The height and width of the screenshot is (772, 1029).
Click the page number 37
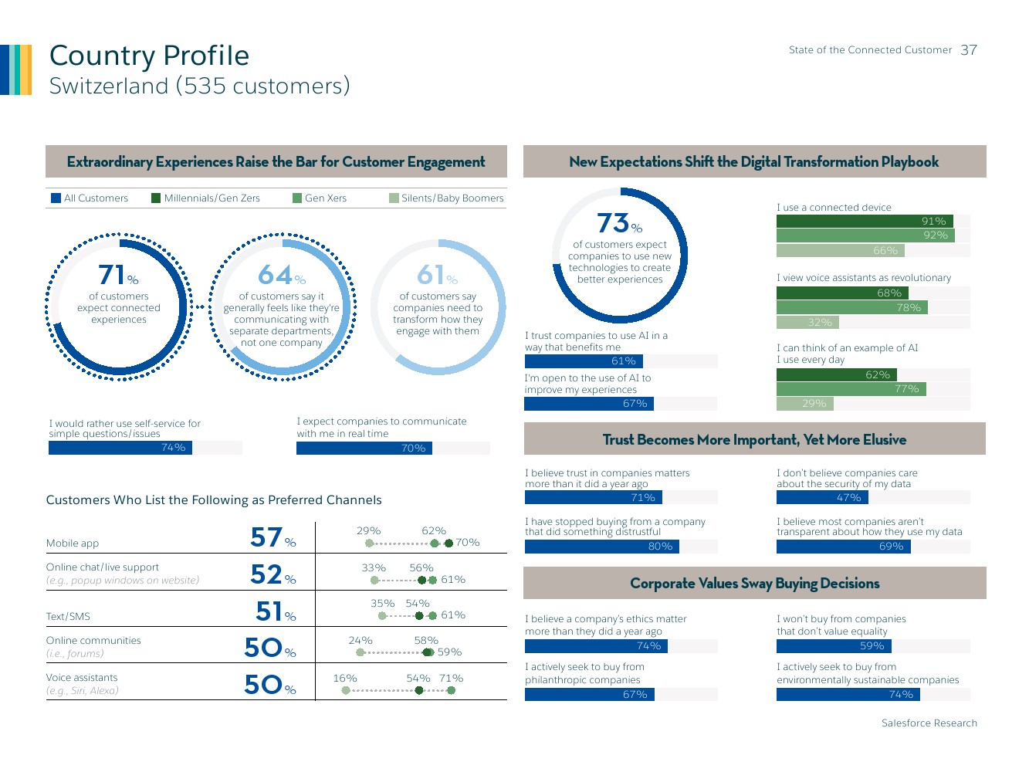pyautogui.click(x=969, y=50)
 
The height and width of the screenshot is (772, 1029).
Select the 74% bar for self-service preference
pyautogui.click(x=120, y=448)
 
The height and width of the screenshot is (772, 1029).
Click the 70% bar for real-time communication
pyautogui.click(x=364, y=449)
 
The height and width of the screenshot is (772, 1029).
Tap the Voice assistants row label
pyautogui.click(x=82, y=678)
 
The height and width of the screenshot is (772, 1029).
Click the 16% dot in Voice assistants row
pyautogui.click(x=346, y=690)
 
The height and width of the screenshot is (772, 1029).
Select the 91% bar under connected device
pyautogui.click(x=865, y=222)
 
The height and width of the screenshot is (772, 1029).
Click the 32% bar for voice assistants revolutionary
pyautogui.click(x=807, y=323)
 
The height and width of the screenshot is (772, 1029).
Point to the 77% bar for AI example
pyautogui.click(x=851, y=389)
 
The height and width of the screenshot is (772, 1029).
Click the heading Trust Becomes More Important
pyautogui.click(x=754, y=440)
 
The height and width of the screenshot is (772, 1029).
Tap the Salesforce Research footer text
pyautogui.click(x=929, y=723)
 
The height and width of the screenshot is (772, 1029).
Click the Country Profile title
pyautogui.click(x=149, y=56)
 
